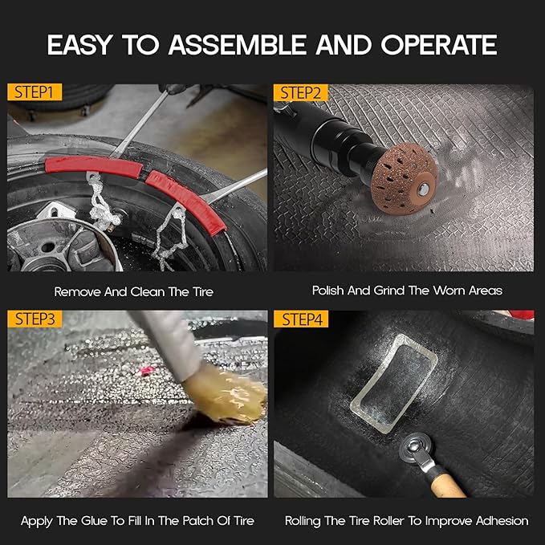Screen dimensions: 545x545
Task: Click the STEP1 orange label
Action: [34, 93]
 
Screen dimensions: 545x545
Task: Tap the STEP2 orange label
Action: [301, 93]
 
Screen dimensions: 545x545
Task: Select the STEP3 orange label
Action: [34, 319]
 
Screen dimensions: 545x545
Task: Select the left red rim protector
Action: [92, 169]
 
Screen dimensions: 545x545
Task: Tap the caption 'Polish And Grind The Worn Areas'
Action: [406, 291]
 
